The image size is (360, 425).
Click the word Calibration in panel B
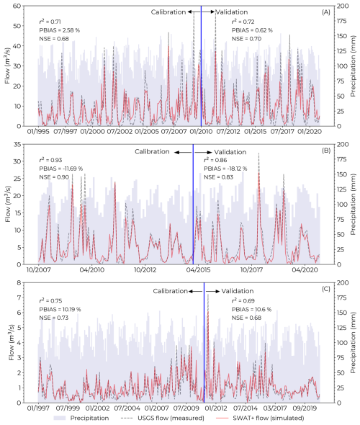(150, 152)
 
